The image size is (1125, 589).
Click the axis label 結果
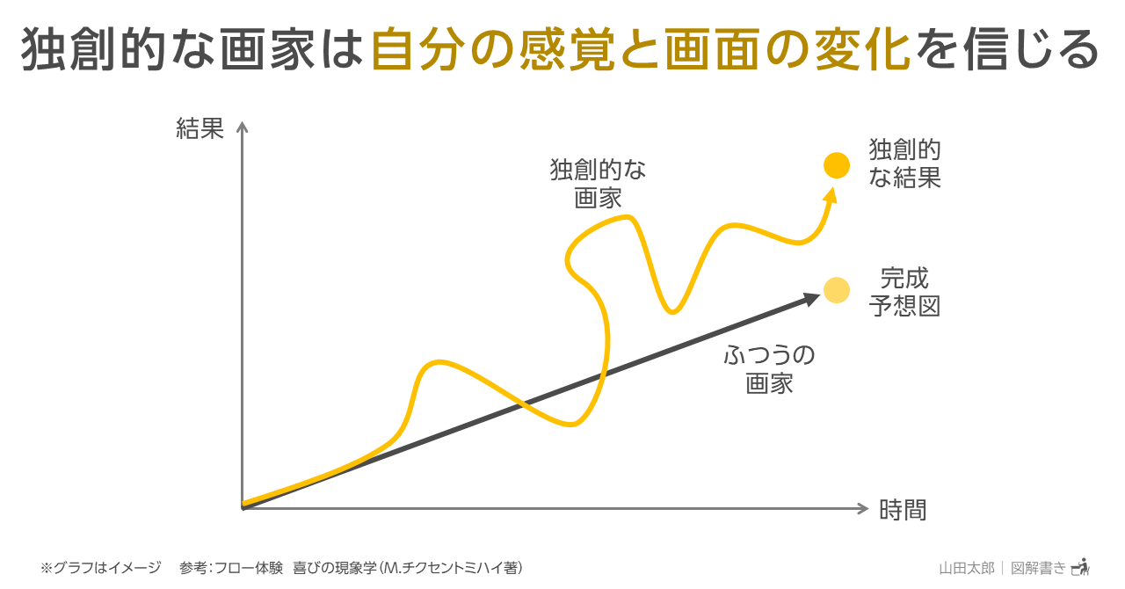(x=200, y=130)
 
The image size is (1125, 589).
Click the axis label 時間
(x=903, y=510)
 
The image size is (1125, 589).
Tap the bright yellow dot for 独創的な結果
(x=837, y=165)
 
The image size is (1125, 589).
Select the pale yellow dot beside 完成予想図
(x=837, y=290)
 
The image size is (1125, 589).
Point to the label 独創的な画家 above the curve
(x=599, y=184)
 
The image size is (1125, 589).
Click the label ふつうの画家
(x=769, y=370)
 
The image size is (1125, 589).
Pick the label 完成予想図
(x=904, y=293)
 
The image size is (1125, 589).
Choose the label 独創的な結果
(x=904, y=164)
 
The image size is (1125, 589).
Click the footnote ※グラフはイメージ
(x=101, y=568)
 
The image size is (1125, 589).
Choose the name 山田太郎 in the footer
(x=967, y=568)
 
